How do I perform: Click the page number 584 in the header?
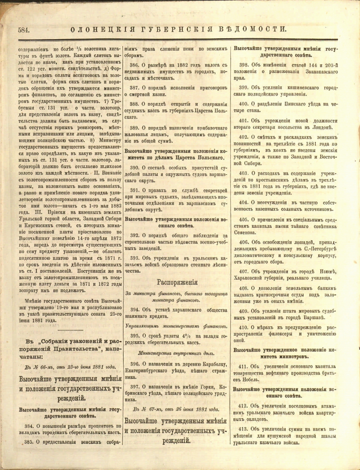[24, 30]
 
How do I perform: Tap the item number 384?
[30, 425]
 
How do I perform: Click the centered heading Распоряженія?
[177, 283]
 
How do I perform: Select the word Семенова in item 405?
[245, 232]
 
